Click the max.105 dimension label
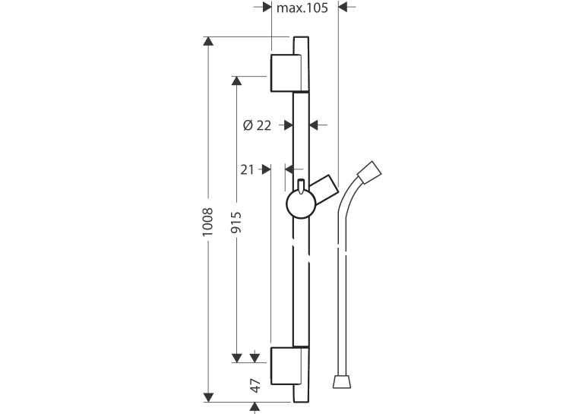coord(302,8)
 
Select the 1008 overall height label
coord(207,222)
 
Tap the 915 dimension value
coord(236,223)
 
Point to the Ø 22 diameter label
coord(258,125)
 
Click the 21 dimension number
coord(247,169)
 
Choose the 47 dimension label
coord(255,386)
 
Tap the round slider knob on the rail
coord(301,204)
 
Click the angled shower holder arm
coord(324,186)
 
